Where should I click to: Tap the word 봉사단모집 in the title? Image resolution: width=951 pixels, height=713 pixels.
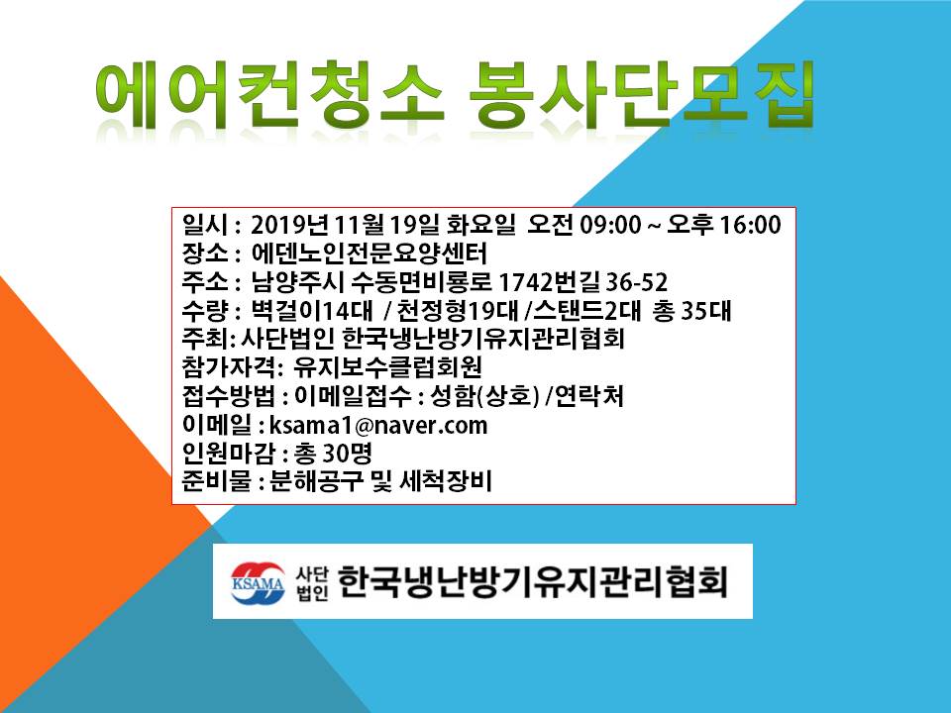[641, 95]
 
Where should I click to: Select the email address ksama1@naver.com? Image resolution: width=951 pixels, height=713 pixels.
[377, 425]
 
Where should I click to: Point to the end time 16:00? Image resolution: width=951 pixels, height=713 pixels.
[750, 225]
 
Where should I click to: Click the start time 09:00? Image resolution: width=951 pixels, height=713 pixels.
[610, 225]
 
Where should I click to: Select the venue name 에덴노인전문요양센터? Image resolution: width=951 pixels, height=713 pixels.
[369, 253]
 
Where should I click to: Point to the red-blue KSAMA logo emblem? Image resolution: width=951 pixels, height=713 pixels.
[258, 582]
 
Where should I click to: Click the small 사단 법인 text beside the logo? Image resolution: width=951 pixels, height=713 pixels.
[312, 583]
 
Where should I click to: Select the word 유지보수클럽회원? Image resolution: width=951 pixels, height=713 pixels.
[387, 367]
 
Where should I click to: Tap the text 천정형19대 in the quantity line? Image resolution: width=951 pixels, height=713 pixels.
[457, 310]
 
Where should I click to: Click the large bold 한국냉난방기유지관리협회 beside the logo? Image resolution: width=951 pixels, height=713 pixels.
[532, 582]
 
